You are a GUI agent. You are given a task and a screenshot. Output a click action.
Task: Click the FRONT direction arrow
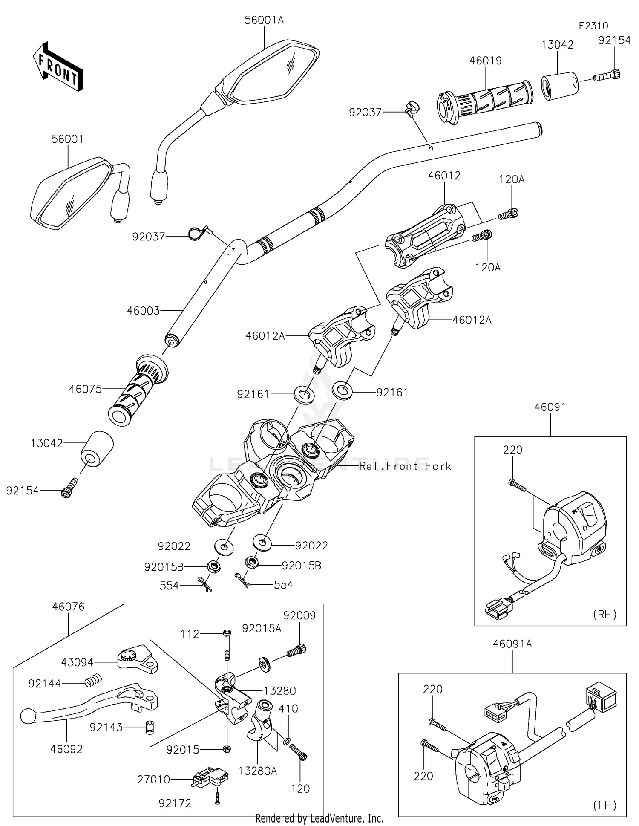click(58, 66)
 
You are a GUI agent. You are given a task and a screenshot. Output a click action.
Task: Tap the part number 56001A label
click(264, 20)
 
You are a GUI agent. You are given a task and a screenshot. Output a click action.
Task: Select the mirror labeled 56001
click(70, 194)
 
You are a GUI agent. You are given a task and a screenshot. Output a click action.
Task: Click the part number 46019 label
click(486, 61)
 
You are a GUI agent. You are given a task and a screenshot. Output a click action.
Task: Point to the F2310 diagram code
click(593, 26)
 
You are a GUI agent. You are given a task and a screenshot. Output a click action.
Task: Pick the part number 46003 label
click(143, 311)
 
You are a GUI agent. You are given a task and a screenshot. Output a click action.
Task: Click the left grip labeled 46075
click(137, 390)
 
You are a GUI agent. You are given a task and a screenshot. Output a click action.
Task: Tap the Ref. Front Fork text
click(405, 466)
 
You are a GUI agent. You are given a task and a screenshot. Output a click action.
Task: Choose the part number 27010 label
click(154, 780)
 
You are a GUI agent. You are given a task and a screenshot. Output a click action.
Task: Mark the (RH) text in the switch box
click(604, 614)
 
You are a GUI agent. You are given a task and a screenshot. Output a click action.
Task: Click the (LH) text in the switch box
click(604, 805)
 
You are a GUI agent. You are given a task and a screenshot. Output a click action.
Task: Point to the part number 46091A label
click(512, 644)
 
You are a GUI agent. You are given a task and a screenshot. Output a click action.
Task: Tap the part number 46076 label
click(69, 607)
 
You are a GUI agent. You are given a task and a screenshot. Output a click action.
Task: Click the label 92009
click(299, 615)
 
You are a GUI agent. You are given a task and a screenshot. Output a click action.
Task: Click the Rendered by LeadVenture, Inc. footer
click(319, 818)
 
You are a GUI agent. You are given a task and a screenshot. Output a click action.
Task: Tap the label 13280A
click(257, 771)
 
